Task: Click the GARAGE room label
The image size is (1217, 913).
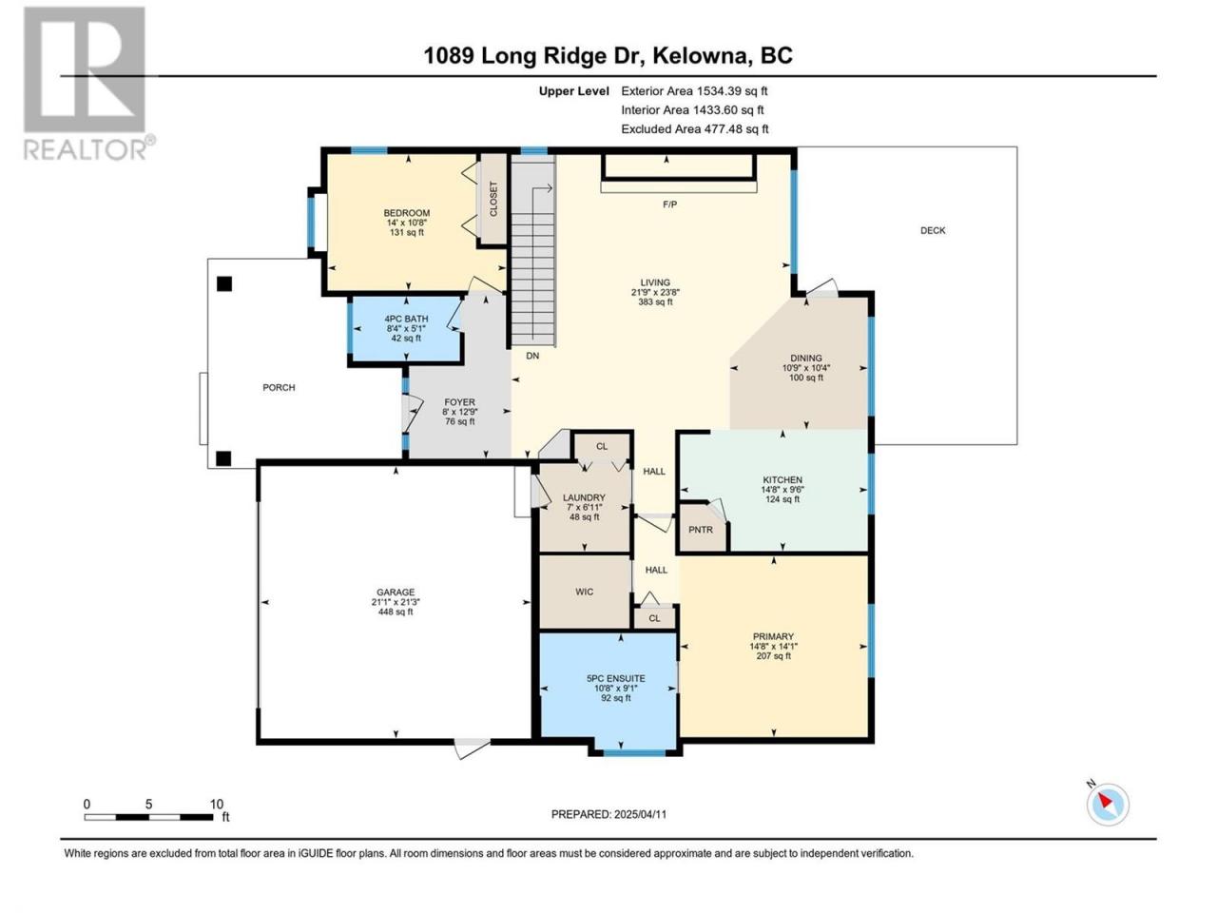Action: pos(396,592)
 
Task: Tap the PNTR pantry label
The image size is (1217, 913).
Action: pos(701,530)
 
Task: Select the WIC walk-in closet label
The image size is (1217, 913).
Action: pos(585,592)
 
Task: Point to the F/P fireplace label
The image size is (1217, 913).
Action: pos(669,204)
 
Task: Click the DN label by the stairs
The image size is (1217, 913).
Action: pos(532,356)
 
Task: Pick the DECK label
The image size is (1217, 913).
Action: pos(933,230)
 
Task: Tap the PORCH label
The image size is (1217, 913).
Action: pos(279,387)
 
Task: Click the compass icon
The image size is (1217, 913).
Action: pos(1108,805)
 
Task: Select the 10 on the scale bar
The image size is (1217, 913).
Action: pos(216,805)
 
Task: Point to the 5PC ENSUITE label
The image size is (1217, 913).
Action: pos(616,678)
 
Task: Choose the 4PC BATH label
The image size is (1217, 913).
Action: pos(406,320)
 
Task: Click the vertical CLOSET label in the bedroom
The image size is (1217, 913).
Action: pos(493,199)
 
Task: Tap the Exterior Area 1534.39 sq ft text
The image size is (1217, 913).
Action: pos(694,91)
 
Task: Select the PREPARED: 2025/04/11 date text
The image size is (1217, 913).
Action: pos(608,814)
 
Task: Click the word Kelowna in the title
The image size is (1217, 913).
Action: pos(698,56)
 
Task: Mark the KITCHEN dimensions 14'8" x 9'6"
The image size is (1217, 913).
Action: pos(782,490)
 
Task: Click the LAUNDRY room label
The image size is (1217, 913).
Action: pos(584,497)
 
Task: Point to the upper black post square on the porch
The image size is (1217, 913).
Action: pos(224,283)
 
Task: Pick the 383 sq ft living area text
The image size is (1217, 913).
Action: pos(655,302)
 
